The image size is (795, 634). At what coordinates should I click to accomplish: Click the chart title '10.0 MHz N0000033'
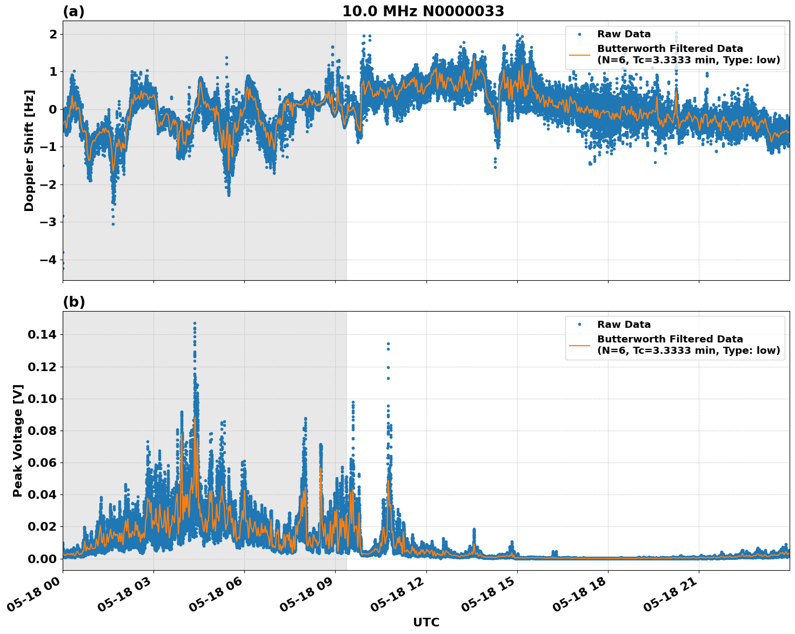tap(423, 11)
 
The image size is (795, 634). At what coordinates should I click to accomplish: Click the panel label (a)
tap(74, 11)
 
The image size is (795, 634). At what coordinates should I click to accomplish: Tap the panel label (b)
tap(74, 302)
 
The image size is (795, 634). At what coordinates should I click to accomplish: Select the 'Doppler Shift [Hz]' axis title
tap(29, 150)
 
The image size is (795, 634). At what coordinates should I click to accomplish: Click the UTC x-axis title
tap(426, 622)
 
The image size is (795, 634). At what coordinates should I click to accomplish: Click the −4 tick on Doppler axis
tap(48, 260)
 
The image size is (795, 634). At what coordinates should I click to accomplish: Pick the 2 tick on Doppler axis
tap(54, 34)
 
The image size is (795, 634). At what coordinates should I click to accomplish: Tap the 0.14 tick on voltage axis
tap(42, 335)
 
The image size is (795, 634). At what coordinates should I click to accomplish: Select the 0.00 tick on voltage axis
tap(42, 558)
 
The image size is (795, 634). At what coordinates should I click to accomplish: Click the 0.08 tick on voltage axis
tap(42, 431)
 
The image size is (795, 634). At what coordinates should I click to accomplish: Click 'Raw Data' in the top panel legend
tap(624, 34)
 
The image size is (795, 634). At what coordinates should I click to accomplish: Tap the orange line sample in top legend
tap(579, 54)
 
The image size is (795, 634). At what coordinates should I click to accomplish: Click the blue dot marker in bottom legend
tap(579, 325)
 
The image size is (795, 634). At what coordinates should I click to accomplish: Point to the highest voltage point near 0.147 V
tap(195, 323)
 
